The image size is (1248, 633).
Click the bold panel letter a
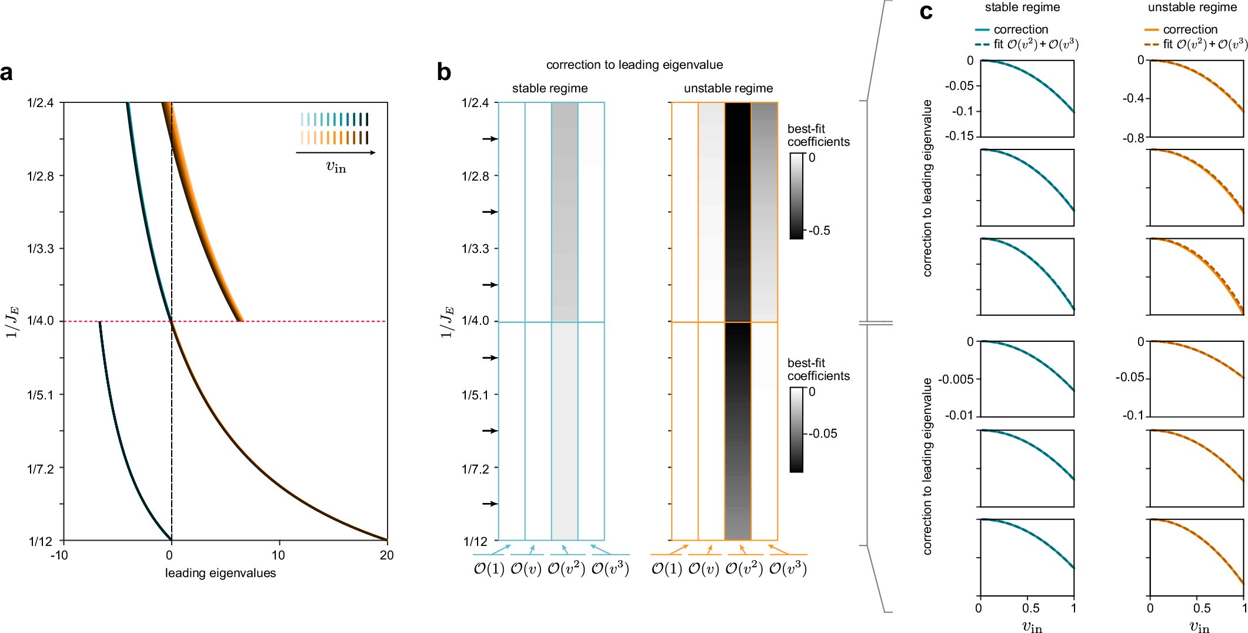(7, 74)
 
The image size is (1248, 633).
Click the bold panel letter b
(444, 72)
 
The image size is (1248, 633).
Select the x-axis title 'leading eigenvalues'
(220, 573)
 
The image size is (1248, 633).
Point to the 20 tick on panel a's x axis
(386, 555)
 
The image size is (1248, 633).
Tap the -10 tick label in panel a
(59, 555)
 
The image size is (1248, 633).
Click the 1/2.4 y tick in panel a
(40, 103)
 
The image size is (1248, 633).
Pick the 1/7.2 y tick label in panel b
(475, 468)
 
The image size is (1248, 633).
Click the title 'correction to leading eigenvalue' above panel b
(634, 65)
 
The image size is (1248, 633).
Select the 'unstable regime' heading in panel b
(728, 88)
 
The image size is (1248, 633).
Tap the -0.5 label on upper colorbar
(819, 231)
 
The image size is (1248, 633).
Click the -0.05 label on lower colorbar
(823, 434)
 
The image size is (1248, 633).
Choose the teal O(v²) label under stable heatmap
(566, 568)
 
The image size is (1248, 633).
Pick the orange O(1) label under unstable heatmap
(666, 568)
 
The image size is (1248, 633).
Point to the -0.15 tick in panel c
(959, 136)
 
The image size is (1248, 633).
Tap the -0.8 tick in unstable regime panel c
(1133, 138)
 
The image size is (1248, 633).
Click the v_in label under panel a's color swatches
(336, 166)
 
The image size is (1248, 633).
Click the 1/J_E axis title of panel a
(12, 321)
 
